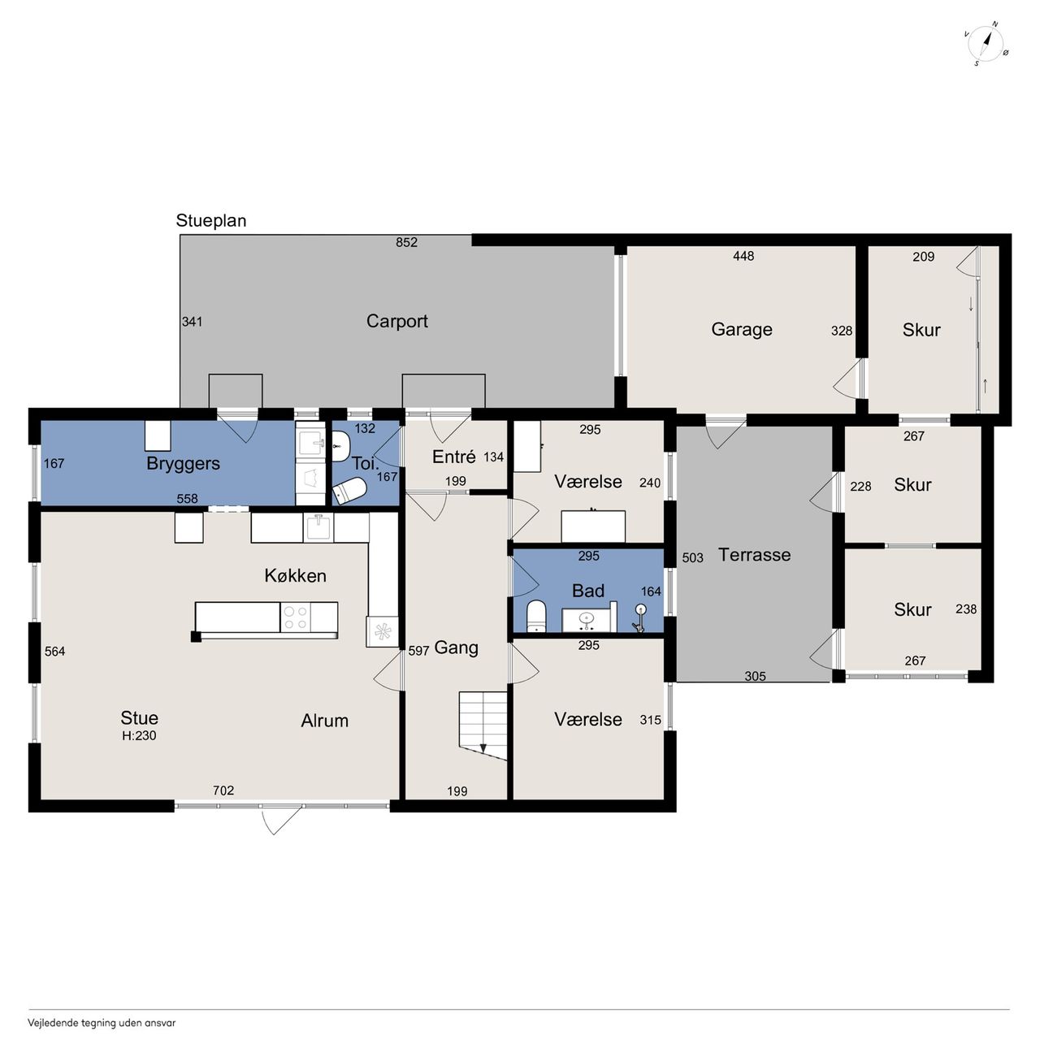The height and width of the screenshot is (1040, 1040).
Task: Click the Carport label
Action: [x=396, y=321]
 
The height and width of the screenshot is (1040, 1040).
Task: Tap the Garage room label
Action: [x=742, y=329]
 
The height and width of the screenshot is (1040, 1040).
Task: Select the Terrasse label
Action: [x=754, y=555]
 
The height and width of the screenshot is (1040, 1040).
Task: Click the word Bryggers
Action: [x=183, y=464]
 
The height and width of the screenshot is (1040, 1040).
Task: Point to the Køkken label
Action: [x=295, y=576]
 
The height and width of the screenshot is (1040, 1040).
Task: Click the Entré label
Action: [x=453, y=457]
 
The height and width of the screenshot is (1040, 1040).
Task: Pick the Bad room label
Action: [x=587, y=591]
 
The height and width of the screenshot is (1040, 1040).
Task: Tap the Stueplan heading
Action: [x=211, y=221]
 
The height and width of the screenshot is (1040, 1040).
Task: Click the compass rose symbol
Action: [x=986, y=44]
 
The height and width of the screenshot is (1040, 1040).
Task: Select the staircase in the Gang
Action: [x=483, y=726]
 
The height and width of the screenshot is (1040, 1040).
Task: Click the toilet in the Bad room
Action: [x=536, y=616]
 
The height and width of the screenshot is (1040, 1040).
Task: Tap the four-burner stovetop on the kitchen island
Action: [x=295, y=617]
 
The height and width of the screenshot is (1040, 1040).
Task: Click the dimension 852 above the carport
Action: [x=406, y=242]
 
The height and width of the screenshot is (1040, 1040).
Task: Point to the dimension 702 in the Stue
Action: [x=223, y=791]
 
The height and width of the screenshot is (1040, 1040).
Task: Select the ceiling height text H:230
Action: [x=139, y=735]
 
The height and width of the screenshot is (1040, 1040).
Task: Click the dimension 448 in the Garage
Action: [x=743, y=256]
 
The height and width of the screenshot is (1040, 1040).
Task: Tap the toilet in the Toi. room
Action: [x=349, y=491]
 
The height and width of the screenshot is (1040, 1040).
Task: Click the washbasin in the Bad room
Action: [x=587, y=621]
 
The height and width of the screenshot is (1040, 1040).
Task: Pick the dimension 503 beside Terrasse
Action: [x=692, y=557]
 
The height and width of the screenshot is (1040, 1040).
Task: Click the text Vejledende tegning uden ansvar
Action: [x=102, y=1022]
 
